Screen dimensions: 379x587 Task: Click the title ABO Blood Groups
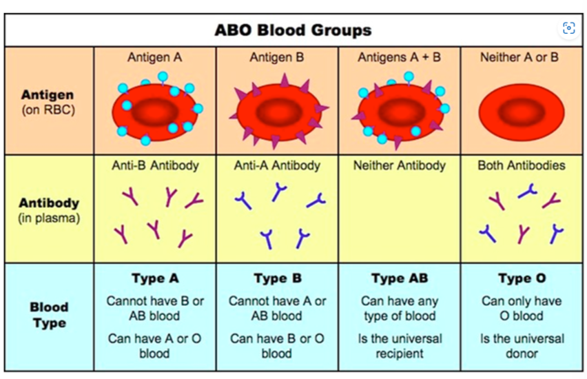(x=293, y=30)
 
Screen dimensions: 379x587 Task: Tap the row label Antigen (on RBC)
(x=48, y=102)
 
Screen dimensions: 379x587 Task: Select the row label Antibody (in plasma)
(x=49, y=210)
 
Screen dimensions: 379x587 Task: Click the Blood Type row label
(x=49, y=315)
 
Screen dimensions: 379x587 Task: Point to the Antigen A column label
(x=154, y=58)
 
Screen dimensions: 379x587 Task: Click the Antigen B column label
(x=276, y=58)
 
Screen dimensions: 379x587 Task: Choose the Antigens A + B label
(x=399, y=58)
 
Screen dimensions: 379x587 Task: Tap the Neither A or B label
(x=521, y=58)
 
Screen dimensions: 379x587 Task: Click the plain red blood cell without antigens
(x=521, y=111)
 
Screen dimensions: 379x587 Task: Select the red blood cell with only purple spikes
(x=276, y=111)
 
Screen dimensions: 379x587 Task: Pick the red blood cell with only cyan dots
(x=154, y=110)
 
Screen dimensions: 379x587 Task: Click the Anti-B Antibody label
(x=154, y=165)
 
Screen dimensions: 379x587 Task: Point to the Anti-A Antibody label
(x=276, y=165)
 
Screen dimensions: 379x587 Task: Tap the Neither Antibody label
(x=399, y=165)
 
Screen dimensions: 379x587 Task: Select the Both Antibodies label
(x=521, y=165)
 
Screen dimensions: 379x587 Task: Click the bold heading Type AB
(x=399, y=278)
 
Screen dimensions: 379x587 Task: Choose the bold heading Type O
(x=521, y=278)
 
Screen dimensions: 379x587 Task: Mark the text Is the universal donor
(x=521, y=346)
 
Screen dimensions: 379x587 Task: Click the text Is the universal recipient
(x=399, y=346)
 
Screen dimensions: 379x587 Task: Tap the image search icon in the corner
(x=568, y=28)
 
